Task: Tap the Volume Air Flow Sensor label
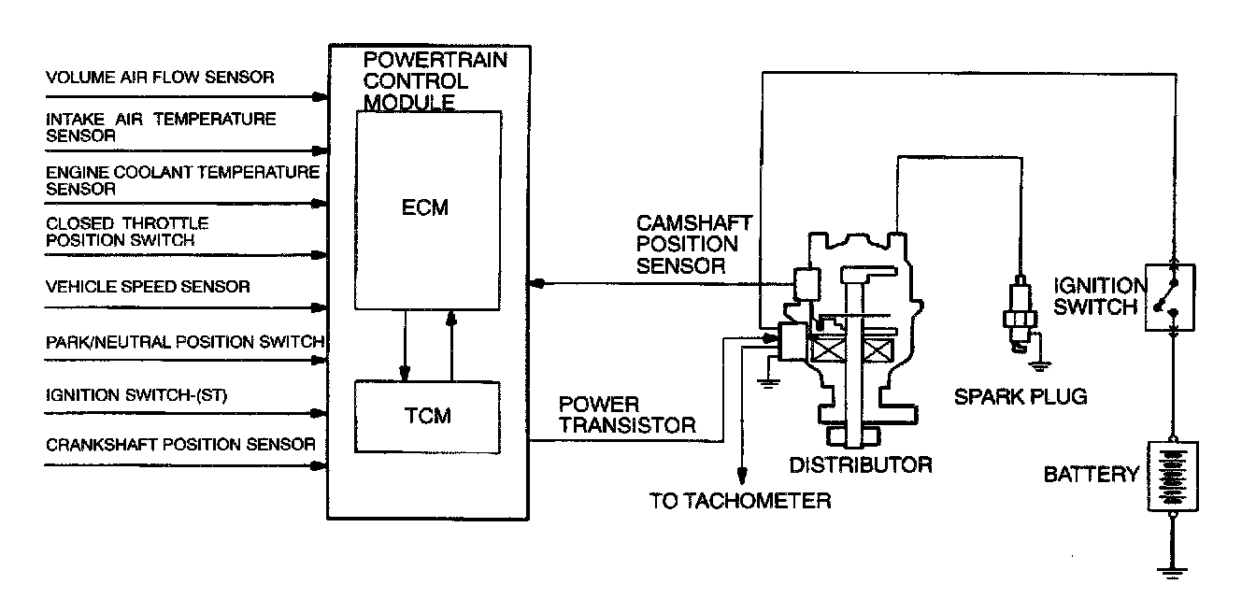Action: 160,78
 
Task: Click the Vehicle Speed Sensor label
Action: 148,287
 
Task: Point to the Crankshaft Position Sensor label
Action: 180,444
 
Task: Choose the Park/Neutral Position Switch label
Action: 184,341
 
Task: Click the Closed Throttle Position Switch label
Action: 127,232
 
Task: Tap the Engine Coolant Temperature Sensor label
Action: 182,179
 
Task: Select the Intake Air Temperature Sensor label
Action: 161,127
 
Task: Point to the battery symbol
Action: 1172,476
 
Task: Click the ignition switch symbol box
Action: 1170,296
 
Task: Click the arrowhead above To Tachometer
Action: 743,475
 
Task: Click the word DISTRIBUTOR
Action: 860,464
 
